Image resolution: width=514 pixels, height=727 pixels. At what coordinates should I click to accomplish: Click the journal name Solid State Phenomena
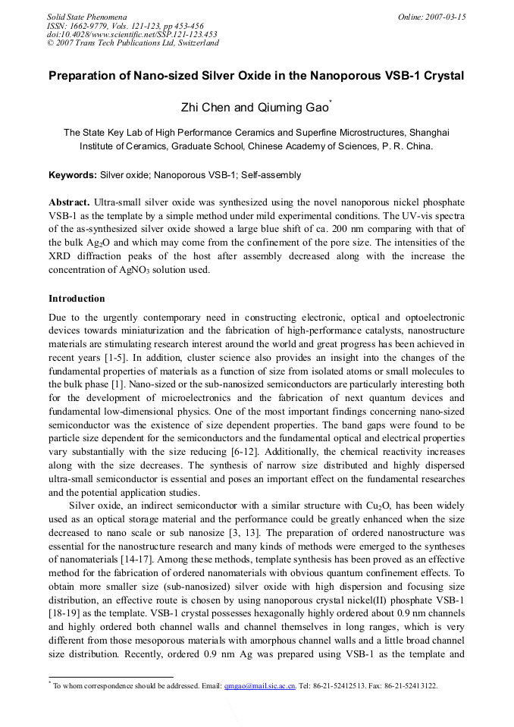(x=86, y=16)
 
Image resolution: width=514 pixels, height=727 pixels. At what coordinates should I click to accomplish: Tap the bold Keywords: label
(x=73, y=175)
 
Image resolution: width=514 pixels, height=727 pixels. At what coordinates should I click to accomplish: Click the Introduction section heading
(x=77, y=298)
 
